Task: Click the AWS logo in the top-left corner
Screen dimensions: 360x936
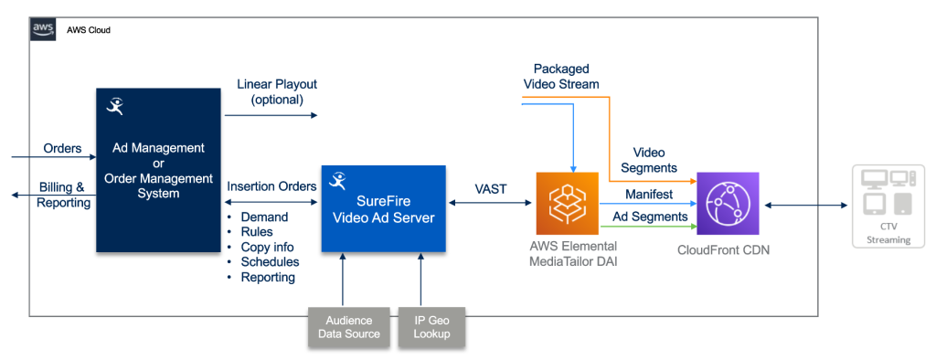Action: [x=43, y=29]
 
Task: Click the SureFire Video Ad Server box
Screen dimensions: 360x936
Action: [x=383, y=208]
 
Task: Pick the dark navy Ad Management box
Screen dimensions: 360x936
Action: [x=157, y=169]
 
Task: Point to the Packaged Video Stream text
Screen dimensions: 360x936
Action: [x=561, y=77]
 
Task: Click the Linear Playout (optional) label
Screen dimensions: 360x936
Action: [x=277, y=91]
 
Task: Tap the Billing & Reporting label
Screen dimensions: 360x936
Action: [x=64, y=195]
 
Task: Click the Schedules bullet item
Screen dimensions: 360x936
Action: [x=270, y=262]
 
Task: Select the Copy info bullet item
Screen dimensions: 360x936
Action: [x=267, y=247]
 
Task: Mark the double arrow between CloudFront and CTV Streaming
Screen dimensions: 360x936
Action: [x=804, y=206]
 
